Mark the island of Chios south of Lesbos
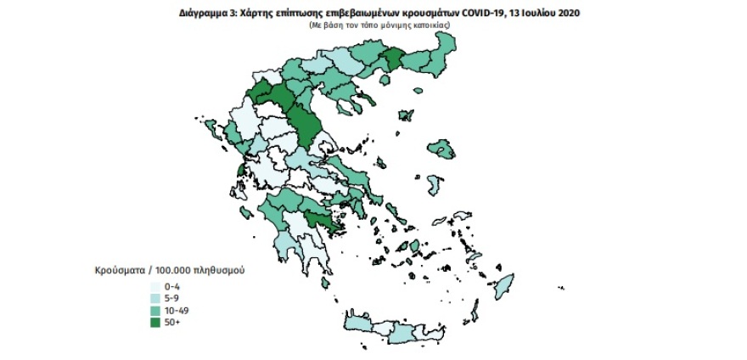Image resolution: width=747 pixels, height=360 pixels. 433,184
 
